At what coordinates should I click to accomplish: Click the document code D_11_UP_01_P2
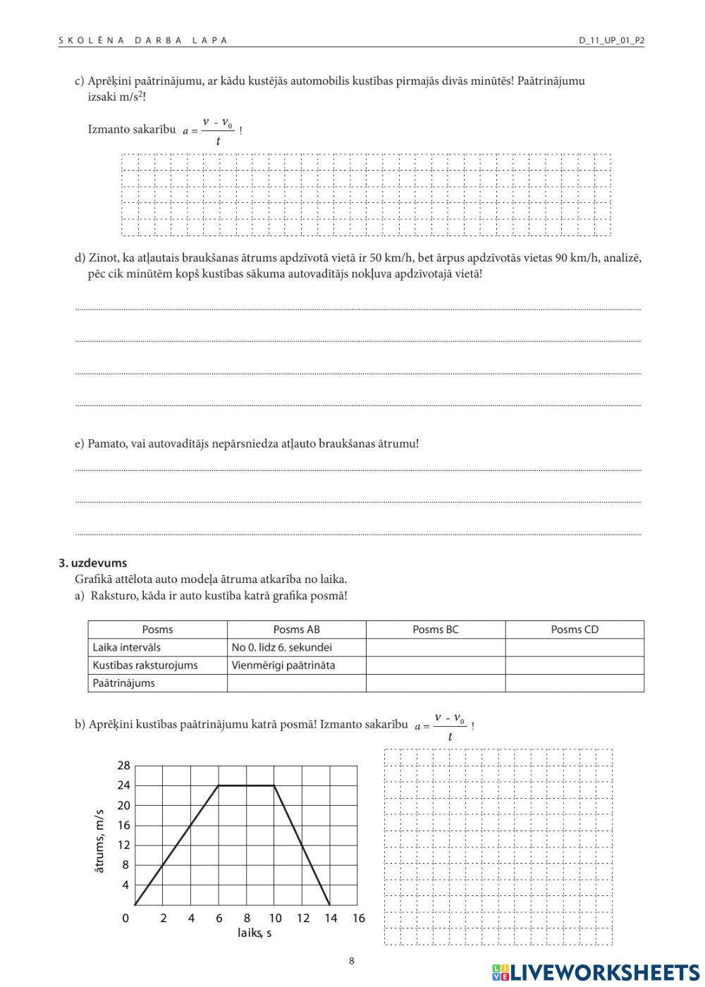611,40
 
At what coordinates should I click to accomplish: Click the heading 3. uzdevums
92,563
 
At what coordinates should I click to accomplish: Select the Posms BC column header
435,630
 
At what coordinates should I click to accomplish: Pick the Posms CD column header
575,630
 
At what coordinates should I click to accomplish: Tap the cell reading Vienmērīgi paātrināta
283,665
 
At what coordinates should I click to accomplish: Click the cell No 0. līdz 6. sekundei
282,647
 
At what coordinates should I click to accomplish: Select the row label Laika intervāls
127,647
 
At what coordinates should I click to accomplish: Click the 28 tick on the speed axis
123,766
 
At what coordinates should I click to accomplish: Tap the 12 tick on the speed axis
123,845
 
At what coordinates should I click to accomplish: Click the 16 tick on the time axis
358,918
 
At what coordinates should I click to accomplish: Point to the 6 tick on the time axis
219,918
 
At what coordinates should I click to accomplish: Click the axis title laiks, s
255,933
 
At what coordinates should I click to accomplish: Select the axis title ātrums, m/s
99,841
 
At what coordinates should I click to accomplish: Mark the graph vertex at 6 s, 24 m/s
219,785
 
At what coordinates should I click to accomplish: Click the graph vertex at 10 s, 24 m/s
274,785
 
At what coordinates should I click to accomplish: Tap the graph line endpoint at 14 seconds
330,905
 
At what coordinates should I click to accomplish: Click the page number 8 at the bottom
352,960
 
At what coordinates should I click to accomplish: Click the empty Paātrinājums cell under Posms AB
296,682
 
